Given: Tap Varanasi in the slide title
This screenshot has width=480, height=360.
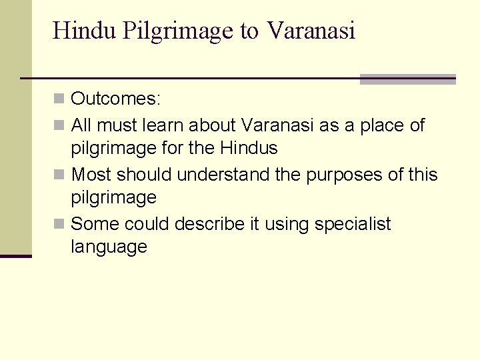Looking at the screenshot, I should pos(311,31).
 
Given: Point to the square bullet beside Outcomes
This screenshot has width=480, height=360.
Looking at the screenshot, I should pos(59,99).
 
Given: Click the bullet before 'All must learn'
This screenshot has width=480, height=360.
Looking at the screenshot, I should pos(59,125).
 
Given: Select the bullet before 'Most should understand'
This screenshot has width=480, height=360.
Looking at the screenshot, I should pos(59,175).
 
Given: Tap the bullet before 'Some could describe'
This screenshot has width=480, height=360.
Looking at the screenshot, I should pos(59,224).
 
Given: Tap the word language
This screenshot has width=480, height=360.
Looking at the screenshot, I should pos(109,247).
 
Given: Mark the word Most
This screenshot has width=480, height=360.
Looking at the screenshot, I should pos(91,175).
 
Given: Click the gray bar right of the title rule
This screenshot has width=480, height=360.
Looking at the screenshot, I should pos(407,79).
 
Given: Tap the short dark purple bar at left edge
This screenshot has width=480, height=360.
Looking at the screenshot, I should pos(15,255).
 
